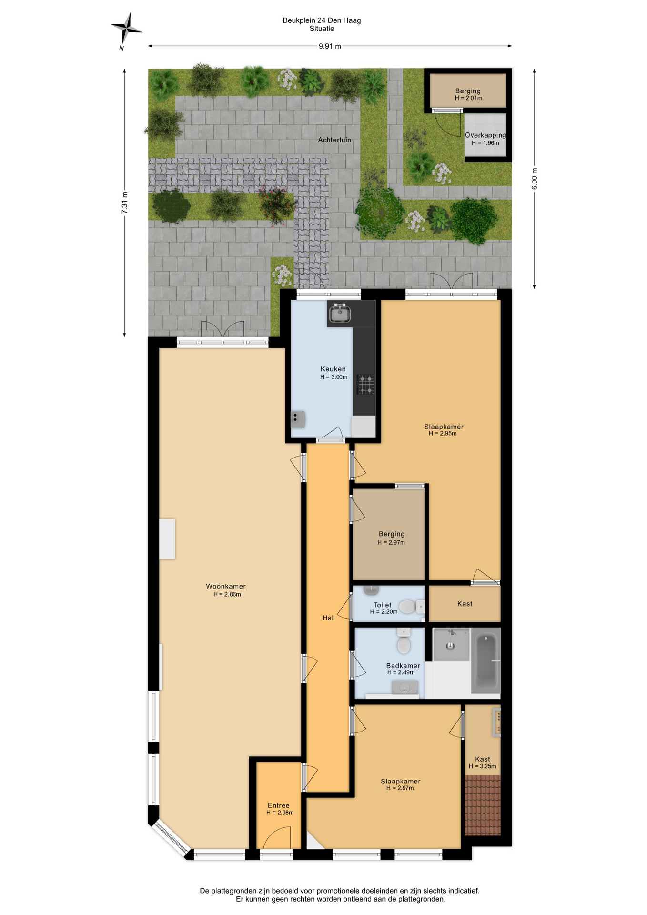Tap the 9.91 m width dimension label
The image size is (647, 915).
pos(330,46)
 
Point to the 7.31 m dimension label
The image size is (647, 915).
pos(125,203)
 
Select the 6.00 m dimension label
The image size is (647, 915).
pos(534,179)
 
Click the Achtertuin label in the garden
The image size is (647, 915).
pos(334,140)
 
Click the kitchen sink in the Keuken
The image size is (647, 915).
pos(339,314)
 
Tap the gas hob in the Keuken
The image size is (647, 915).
pos(366,385)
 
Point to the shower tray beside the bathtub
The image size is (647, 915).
pos(451,644)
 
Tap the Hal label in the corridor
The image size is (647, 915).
pos(328,618)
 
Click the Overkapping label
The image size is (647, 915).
pos(485,135)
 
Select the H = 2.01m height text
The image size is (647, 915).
pos(468,98)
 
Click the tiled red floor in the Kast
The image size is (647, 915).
pos(483,805)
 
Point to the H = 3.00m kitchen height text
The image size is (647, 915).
pos(334,377)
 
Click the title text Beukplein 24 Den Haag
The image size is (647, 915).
pos(322,20)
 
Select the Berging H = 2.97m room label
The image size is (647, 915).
pos(391,538)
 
